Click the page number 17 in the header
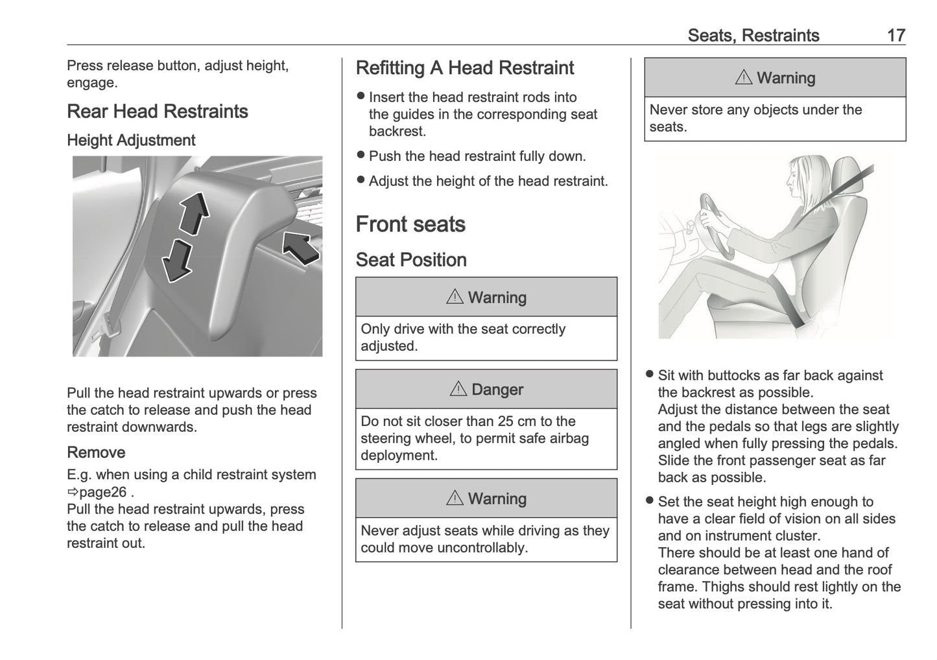(895, 36)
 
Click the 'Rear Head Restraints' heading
(158, 112)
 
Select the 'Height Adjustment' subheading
(131, 141)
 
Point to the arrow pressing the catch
(300, 248)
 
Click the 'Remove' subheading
(96, 453)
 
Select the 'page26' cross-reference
(102, 492)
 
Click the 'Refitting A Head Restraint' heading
(465, 68)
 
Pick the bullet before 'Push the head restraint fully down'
(361, 156)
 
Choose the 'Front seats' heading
(410, 224)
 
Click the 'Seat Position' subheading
(411, 260)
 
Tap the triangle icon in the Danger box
(458, 389)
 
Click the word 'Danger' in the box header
(497, 390)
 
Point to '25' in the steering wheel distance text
(506, 421)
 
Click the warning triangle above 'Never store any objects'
(744, 78)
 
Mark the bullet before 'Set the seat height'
(650, 501)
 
